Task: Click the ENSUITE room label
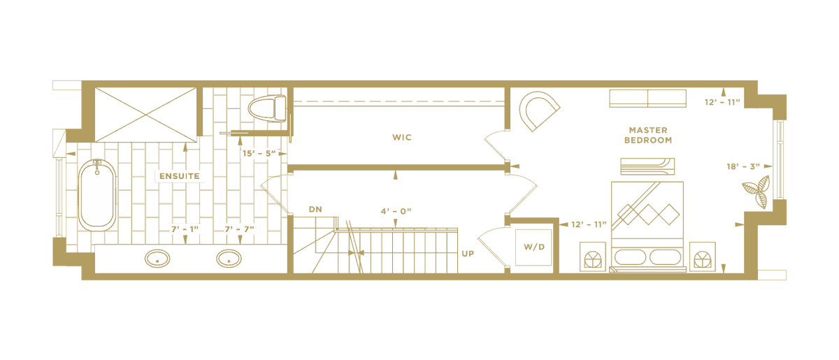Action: pyautogui.click(x=180, y=176)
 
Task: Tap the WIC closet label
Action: pyautogui.click(x=402, y=138)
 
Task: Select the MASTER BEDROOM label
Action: pyautogui.click(x=648, y=135)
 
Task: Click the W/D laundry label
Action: pyautogui.click(x=534, y=247)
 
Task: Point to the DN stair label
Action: pyautogui.click(x=315, y=210)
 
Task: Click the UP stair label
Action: pyautogui.click(x=468, y=254)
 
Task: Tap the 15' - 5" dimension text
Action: pyautogui.click(x=259, y=153)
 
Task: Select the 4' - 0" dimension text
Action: pyautogui.click(x=396, y=211)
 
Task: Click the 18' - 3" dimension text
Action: pyautogui.click(x=743, y=166)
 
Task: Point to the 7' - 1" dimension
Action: pyautogui.click(x=185, y=229)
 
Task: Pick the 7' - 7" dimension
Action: pyautogui.click(x=239, y=229)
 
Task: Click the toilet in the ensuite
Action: pyautogui.click(x=267, y=108)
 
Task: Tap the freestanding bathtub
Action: pyautogui.click(x=97, y=195)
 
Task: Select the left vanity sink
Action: pyautogui.click(x=157, y=259)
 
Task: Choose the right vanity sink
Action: pyautogui.click(x=229, y=259)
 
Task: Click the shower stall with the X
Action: pyautogui.click(x=145, y=115)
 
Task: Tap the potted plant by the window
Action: pyautogui.click(x=756, y=192)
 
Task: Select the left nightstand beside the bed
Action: pyautogui.click(x=593, y=257)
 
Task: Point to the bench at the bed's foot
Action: pyautogui.click(x=647, y=166)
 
